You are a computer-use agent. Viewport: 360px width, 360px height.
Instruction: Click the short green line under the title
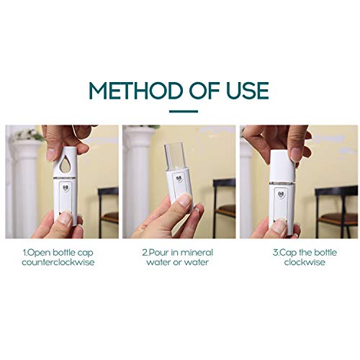tap(180, 112)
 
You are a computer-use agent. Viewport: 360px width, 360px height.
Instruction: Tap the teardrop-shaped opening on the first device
tap(66, 166)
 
